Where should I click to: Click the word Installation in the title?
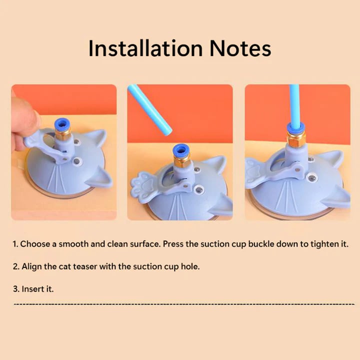point(145,48)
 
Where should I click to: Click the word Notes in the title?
point(240,48)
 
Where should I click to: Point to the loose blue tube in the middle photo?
point(149,109)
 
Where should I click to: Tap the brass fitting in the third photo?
point(296,139)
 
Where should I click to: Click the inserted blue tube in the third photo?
point(294,105)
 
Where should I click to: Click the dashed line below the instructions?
point(184,304)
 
